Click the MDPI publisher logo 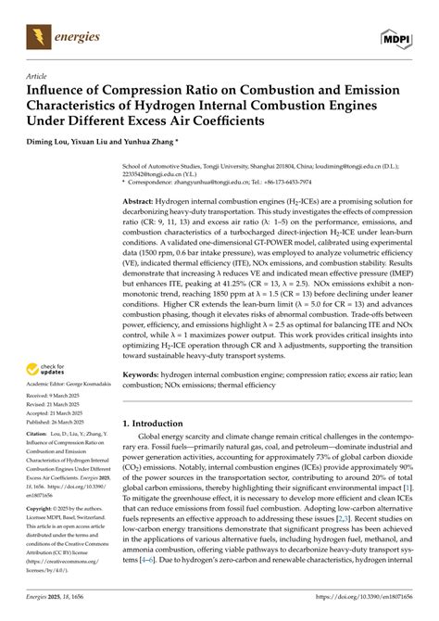[395, 37]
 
